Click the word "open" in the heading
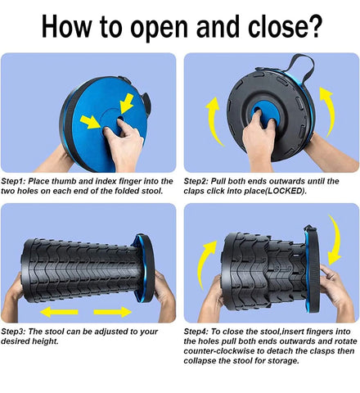coord(159,28)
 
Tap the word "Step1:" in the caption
coord(13,182)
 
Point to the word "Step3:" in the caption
coord(13,332)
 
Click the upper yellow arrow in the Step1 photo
coord(127,103)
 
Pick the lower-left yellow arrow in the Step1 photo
coord(91,122)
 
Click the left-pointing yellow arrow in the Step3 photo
coord(59,312)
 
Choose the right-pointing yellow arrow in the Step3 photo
coord(112,312)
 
